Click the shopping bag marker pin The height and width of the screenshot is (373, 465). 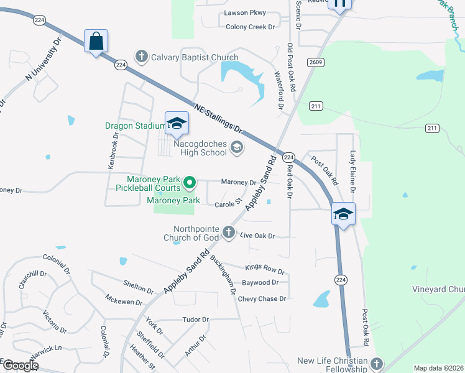[x=96, y=42]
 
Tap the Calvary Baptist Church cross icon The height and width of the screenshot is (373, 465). [x=142, y=58]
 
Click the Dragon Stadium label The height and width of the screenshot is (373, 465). [x=136, y=126]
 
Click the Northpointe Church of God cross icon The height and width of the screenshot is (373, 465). [x=229, y=233]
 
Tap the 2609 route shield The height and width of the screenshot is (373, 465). [x=315, y=62]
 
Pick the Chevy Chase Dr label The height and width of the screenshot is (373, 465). [x=262, y=299]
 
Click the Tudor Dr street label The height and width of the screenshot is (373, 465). [x=196, y=319]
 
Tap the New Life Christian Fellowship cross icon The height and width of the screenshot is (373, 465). [x=375, y=362]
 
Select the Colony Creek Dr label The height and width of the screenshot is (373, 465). [x=250, y=27]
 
